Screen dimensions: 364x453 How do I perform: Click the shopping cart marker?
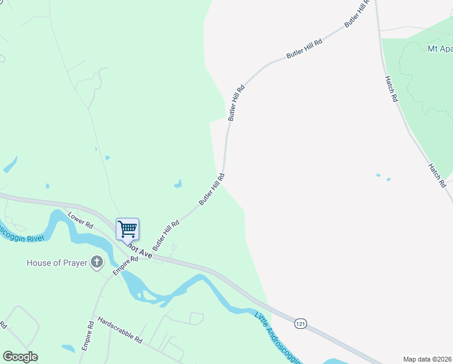click(x=127, y=230)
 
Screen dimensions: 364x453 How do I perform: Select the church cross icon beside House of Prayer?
click(x=96, y=262)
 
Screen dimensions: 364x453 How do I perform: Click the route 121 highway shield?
click(x=300, y=324)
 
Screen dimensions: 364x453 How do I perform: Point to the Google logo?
click(x=20, y=357)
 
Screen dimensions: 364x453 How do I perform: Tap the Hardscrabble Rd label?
click(x=119, y=331)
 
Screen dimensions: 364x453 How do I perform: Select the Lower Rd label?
click(x=81, y=220)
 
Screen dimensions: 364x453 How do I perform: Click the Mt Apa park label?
click(x=440, y=48)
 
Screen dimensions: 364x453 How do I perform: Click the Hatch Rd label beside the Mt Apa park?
click(x=391, y=88)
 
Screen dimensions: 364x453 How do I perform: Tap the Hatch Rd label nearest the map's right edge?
click(x=437, y=175)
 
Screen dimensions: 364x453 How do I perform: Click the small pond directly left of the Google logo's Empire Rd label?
click(x=68, y=348)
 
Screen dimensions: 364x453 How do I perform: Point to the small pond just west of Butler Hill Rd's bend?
click(x=178, y=183)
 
